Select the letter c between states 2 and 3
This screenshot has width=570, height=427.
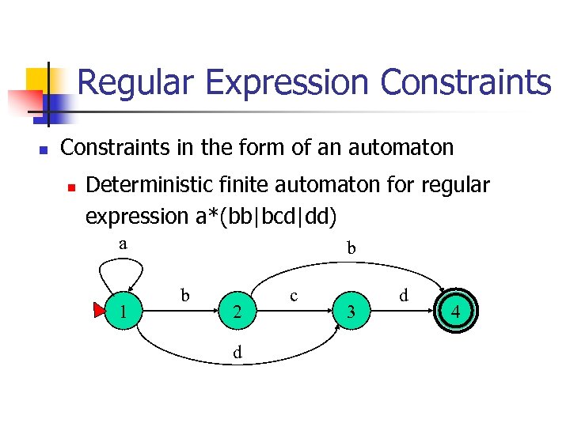294,296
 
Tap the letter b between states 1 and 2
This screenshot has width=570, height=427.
185,296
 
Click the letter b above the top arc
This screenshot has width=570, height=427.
351,249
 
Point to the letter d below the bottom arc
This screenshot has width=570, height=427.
237,353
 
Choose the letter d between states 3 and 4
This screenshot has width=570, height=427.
404,296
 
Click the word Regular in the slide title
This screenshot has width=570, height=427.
131,82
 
